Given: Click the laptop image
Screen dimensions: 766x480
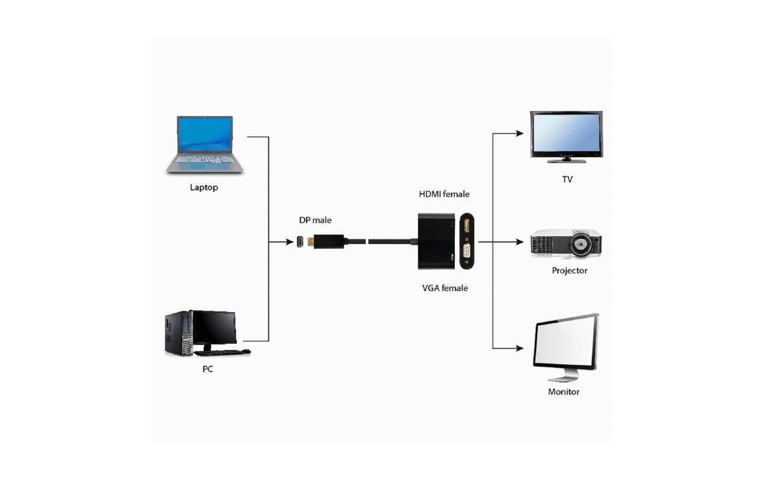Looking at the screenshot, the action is click(x=204, y=145).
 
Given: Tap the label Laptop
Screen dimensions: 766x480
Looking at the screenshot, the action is click(x=204, y=187).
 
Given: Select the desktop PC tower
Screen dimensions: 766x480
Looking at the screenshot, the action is click(x=178, y=334).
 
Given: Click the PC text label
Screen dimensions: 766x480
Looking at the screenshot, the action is click(x=208, y=369).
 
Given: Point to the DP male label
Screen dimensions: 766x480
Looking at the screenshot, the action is click(x=315, y=220).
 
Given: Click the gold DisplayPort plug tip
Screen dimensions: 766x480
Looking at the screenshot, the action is click(x=311, y=242).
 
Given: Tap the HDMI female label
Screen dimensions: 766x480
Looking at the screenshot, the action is click(x=444, y=194).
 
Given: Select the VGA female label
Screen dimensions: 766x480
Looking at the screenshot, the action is click(x=445, y=288).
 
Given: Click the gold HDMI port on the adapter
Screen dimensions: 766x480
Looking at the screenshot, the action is click(x=466, y=226).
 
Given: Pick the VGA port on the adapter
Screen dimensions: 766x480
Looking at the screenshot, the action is click(x=466, y=253).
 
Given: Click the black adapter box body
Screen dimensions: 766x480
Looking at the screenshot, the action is click(x=436, y=241).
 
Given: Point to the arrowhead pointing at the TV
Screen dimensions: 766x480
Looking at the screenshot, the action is click(x=520, y=133).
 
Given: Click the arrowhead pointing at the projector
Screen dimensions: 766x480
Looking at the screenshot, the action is click(x=520, y=242).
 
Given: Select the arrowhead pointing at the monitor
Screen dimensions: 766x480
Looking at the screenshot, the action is click(x=520, y=348).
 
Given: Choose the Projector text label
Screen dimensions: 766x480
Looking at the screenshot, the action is click(x=570, y=271).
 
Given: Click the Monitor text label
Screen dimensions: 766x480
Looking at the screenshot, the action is click(x=564, y=392).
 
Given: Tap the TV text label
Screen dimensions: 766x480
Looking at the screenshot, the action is click(x=567, y=179).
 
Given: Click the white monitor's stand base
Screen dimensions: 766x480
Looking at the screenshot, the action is click(x=564, y=379).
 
